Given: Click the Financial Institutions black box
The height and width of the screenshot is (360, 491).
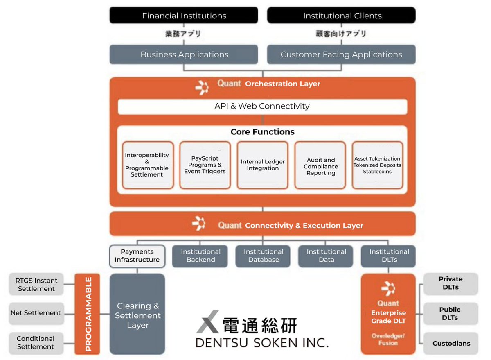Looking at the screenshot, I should click(x=184, y=16).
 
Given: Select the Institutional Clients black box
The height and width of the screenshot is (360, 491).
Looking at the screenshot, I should click(x=342, y=16).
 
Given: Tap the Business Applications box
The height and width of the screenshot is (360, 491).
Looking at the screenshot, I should click(x=184, y=54).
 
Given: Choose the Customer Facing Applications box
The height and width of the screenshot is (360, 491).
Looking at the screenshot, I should click(x=341, y=54).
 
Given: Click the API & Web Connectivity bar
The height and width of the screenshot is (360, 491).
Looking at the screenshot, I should click(x=262, y=106).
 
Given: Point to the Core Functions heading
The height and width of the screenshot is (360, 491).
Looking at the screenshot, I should click(x=262, y=132).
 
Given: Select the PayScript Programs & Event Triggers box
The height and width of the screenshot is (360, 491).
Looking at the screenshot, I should click(x=205, y=165).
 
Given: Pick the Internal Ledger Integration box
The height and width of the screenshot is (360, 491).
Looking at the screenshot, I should click(x=263, y=165).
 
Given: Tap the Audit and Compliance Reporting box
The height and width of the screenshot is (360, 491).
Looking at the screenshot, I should click(x=320, y=165).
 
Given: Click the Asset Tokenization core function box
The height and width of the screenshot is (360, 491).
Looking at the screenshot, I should click(x=377, y=165).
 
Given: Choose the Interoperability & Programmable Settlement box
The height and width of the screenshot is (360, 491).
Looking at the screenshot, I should click(x=147, y=165).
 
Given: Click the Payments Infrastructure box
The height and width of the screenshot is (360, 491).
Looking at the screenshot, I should click(x=137, y=256).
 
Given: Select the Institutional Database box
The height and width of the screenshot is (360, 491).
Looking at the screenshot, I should click(x=263, y=256).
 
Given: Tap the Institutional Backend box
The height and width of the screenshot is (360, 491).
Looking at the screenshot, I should click(x=200, y=256).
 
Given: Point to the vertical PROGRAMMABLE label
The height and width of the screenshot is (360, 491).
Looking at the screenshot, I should click(x=87, y=314).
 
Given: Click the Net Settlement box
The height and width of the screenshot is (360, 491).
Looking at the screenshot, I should click(x=36, y=313).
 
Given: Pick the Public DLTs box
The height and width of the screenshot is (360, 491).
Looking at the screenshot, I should click(x=450, y=314).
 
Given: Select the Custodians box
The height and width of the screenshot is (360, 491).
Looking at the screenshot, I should click(x=451, y=344).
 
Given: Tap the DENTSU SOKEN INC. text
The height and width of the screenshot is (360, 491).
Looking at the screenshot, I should click(x=262, y=342).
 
